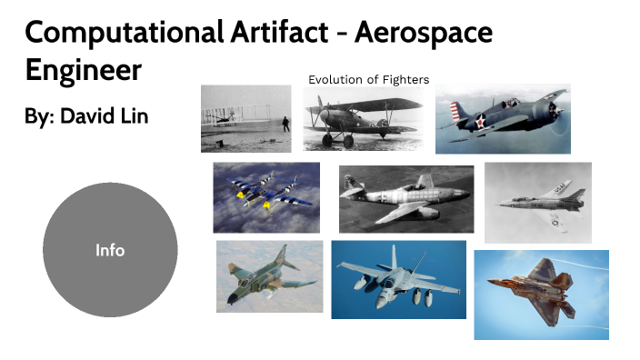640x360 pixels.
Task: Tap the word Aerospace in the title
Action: (424, 34)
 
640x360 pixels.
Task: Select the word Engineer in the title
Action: (83, 69)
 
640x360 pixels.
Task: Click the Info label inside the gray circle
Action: (110, 250)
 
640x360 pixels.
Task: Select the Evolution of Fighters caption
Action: (368, 79)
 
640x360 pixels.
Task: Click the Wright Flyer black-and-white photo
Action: (245, 118)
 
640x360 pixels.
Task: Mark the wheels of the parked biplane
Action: (335, 141)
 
